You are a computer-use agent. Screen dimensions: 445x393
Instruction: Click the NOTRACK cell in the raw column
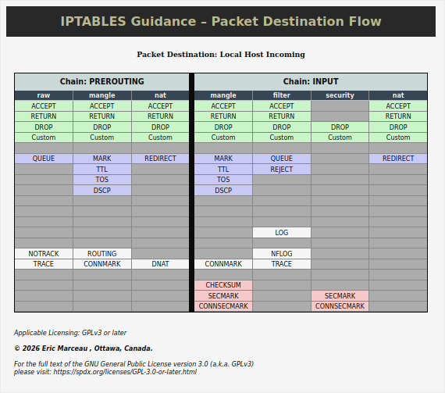click(44, 254)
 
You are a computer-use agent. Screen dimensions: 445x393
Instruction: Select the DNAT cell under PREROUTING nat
click(160, 264)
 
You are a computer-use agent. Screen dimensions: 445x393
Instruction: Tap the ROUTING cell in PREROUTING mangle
click(102, 254)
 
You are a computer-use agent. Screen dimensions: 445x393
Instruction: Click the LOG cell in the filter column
click(282, 233)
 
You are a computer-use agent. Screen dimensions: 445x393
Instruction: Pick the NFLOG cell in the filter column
click(282, 254)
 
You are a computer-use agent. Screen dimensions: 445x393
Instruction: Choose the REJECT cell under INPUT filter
click(282, 170)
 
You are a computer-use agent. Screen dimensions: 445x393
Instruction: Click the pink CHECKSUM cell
click(223, 285)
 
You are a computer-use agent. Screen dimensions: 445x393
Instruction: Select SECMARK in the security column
click(340, 295)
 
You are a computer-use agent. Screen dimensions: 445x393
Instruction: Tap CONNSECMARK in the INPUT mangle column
click(223, 306)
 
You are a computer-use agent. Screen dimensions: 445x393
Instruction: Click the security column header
click(340, 95)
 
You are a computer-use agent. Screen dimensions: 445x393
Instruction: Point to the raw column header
click(44, 95)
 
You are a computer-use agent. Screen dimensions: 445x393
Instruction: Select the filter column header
click(282, 95)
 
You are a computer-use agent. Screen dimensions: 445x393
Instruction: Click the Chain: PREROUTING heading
click(102, 81)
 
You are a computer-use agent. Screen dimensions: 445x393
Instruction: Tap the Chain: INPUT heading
click(311, 81)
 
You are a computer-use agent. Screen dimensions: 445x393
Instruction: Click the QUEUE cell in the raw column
click(44, 159)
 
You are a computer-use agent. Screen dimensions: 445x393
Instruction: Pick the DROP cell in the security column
click(340, 127)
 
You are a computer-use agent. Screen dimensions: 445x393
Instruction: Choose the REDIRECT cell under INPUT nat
click(398, 159)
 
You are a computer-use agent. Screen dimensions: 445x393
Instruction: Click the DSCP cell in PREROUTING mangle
click(102, 191)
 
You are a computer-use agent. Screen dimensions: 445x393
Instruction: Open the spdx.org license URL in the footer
click(125, 372)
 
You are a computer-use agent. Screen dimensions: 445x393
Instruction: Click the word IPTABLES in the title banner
click(93, 21)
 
